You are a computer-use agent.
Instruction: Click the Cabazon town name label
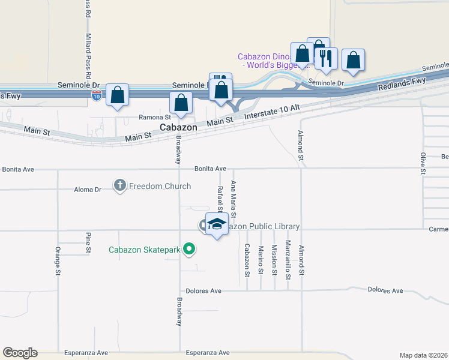click(178, 128)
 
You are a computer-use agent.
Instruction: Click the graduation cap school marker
click(217, 224)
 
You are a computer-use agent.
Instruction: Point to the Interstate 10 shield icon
click(96, 95)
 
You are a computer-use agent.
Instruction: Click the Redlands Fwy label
click(402, 84)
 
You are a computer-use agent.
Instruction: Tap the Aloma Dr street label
click(89, 190)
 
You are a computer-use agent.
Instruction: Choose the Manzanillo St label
click(288, 257)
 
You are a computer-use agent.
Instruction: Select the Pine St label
click(88, 242)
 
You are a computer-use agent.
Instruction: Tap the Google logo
click(20, 353)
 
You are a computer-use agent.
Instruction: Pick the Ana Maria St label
click(234, 199)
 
